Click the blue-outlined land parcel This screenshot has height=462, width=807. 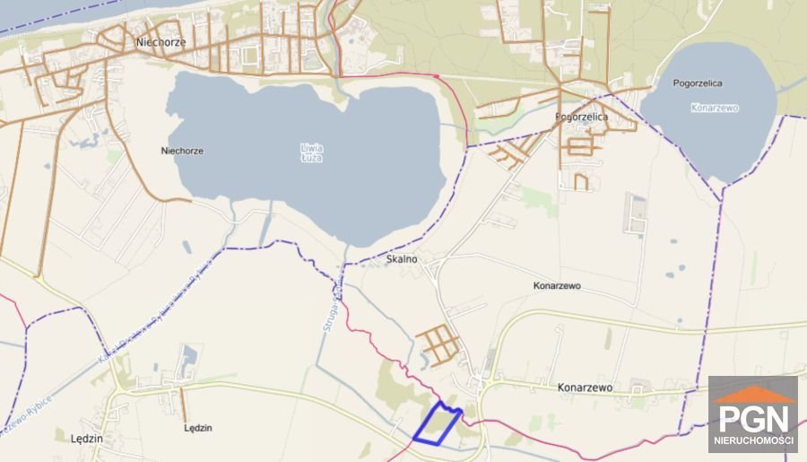[x=438, y=424]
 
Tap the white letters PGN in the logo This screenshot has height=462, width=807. [x=752, y=418]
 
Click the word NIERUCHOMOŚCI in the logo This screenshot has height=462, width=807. [x=752, y=440]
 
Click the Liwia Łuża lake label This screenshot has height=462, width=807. [x=311, y=153]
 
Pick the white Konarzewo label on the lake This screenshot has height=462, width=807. [x=715, y=108]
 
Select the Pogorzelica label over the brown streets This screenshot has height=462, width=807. [x=581, y=118]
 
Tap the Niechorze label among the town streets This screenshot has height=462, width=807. [x=160, y=42]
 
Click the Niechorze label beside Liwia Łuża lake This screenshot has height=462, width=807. [x=181, y=151]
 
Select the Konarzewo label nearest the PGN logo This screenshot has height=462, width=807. [x=585, y=388]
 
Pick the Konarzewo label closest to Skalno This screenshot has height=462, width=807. [x=557, y=285]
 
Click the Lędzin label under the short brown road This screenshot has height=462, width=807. [x=198, y=428]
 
